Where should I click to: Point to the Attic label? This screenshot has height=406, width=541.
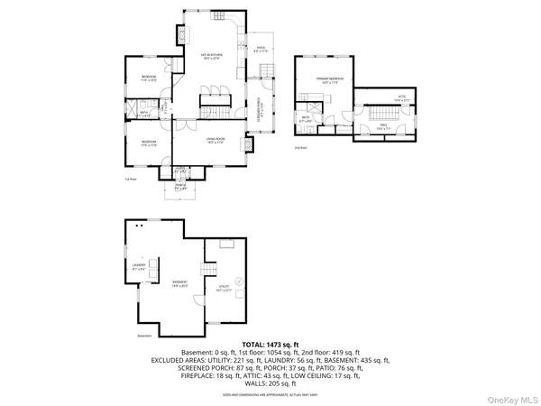pos(404,97)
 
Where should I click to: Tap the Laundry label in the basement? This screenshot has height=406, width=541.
pos(139,265)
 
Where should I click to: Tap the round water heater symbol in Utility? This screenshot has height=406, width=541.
pos(238,280)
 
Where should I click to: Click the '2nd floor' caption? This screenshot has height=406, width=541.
pos(299,147)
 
